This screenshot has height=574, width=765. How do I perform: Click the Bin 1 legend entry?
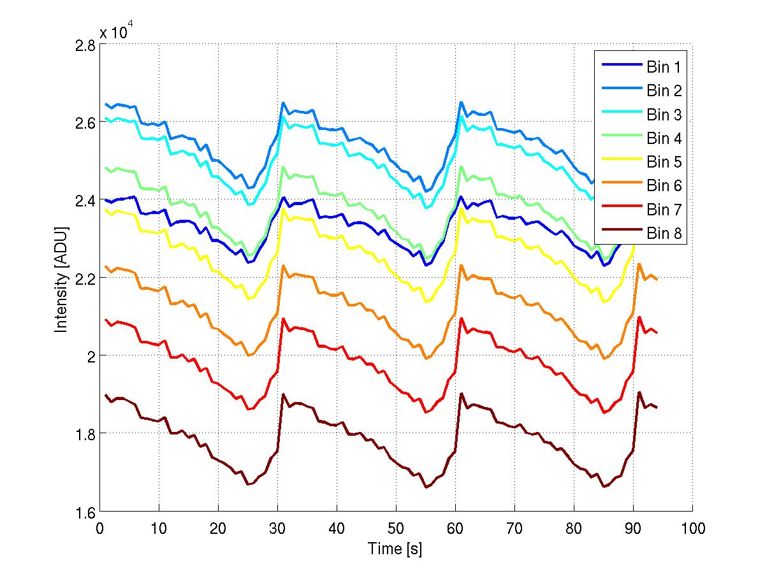[x=640, y=66]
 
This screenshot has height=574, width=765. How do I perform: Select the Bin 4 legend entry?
[x=640, y=138]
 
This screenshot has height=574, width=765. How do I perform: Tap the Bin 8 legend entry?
[x=640, y=234]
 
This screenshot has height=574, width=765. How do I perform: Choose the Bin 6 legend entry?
[x=640, y=185]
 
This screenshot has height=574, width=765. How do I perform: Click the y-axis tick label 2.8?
[x=86, y=45]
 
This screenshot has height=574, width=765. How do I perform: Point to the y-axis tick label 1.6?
[x=86, y=512]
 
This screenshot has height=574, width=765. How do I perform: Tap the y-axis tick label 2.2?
[x=86, y=278]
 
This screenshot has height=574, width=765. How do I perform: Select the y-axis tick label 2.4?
[x=86, y=201]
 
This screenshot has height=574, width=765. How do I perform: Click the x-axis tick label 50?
[x=396, y=527]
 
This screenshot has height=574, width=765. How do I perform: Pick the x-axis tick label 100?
[x=692, y=527]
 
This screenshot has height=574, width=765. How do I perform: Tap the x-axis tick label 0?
[x=99, y=527]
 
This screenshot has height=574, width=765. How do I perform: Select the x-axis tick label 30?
[x=277, y=527]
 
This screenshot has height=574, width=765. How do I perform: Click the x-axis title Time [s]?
[x=395, y=549]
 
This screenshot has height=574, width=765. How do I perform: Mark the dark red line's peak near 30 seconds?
[x=282, y=394]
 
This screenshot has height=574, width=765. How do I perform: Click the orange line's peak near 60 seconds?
[x=460, y=265]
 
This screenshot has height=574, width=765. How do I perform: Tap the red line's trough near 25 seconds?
[x=249, y=409]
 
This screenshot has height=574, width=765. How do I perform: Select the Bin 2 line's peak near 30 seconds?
[x=282, y=103]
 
